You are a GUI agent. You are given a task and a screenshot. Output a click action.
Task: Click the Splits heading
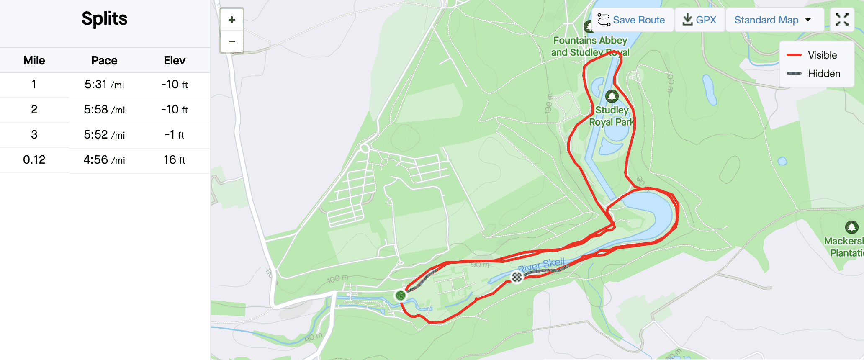[x=104, y=19]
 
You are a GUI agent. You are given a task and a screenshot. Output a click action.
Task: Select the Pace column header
[x=104, y=61]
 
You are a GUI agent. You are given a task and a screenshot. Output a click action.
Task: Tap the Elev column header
[x=175, y=61]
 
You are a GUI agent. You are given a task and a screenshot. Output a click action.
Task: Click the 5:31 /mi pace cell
[x=104, y=85]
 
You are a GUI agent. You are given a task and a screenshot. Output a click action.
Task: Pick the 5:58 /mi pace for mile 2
[x=104, y=110]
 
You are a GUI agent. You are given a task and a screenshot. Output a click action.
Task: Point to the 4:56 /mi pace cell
[x=104, y=160]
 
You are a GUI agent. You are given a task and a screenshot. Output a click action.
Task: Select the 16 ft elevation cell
[x=175, y=160]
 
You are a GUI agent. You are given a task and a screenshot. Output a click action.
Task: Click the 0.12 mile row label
[x=34, y=160]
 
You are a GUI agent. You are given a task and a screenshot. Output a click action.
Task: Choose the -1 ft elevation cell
[x=175, y=135]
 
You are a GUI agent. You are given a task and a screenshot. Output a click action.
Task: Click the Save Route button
[x=632, y=20]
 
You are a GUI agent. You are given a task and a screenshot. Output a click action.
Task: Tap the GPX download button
[x=699, y=20]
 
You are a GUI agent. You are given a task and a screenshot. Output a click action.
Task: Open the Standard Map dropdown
[x=773, y=20]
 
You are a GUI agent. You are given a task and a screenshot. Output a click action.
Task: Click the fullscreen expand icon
[x=842, y=20]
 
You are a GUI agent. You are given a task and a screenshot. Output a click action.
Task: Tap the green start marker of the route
[x=401, y=296]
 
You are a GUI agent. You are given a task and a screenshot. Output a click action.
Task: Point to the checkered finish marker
[x=517, y=277]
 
